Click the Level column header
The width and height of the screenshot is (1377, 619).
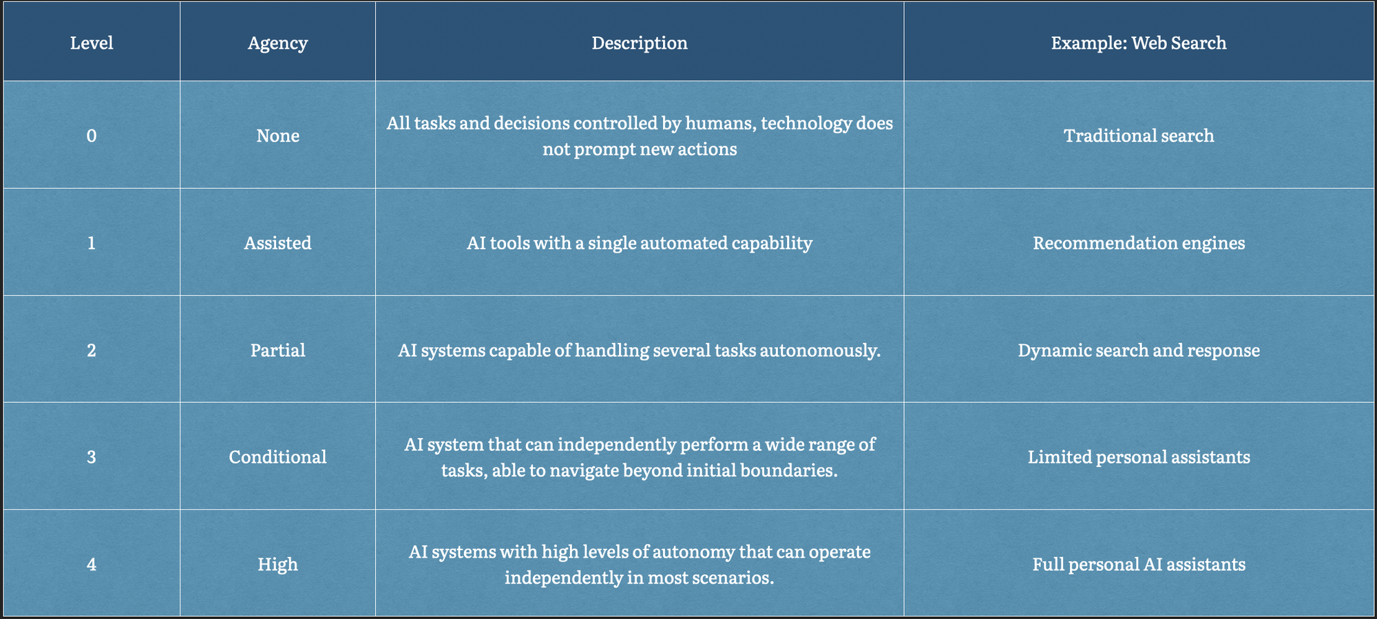click(92, 43)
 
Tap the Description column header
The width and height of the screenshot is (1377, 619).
click(640, 43)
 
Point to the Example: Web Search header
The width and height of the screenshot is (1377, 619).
click(1139, 43)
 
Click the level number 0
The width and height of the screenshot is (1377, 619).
click(92, 136)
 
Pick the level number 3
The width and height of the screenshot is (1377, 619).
click(92, 457)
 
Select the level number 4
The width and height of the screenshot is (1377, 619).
click(92, 565)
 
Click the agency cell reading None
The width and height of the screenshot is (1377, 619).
click(277, 136)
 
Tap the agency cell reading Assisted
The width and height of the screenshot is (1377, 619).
click(277, 243)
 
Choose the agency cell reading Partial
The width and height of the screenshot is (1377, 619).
click(277, 350)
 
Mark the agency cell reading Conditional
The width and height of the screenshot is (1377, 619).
click(277, 457)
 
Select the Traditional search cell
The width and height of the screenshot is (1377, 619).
click(1139, 136)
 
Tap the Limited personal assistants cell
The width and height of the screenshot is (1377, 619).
click(1139, 457)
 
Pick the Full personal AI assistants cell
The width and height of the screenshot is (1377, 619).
click(1139, 565)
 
